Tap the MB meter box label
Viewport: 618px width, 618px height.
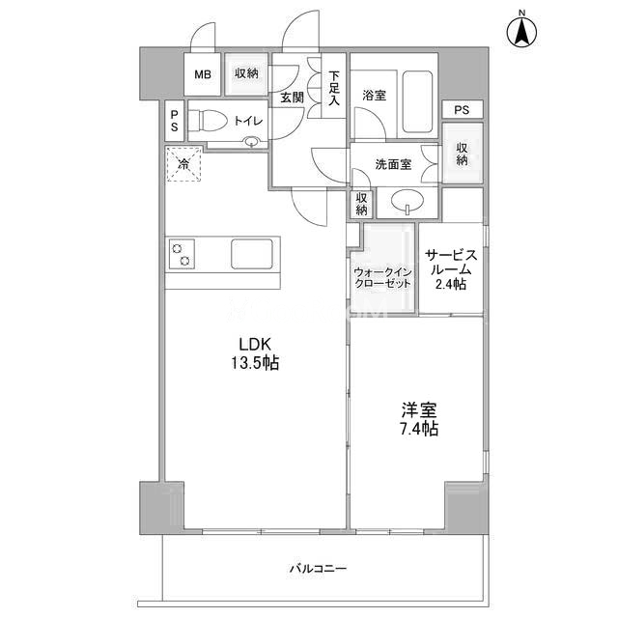[x=203, y=74]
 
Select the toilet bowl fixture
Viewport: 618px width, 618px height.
[x=207, y=120]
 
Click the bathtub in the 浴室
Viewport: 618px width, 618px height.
[x=417, y=102]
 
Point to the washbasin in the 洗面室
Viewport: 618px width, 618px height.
[x=407, y=202]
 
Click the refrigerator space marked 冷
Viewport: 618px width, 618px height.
[x=183, y=163]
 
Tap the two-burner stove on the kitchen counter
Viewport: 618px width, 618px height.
[x=182, y=254]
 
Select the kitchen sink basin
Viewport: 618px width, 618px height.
[x=252, y=254]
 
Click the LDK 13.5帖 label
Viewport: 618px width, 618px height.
[x=255, y=354]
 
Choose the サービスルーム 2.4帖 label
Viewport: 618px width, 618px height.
[x=451, y=269]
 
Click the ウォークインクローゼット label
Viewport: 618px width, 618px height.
[x=382, y=278]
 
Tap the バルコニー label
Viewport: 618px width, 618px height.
[x=319, y=569]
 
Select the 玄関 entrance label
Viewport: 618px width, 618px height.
[x=292, y=98]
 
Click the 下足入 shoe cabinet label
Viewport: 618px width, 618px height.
[x=334, y=88]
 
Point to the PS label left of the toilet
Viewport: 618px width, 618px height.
[x=174, y=121]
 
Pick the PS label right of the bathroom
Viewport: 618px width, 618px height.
[x=462, y=109]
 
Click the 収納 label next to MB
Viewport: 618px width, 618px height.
[x=246, y=73]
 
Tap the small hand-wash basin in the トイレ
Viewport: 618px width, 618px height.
[x=251, y=142]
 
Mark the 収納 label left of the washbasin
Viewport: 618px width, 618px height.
[x=361, y=204]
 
